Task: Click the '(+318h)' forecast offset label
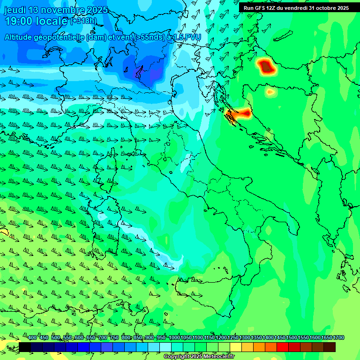83,21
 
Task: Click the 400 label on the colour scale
32,338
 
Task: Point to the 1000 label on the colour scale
174,338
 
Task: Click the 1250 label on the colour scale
233,338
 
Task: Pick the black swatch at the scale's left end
25,347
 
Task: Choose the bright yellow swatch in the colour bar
236,347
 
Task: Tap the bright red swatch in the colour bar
283,347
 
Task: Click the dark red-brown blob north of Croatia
267,67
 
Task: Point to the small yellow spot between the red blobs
270,92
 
